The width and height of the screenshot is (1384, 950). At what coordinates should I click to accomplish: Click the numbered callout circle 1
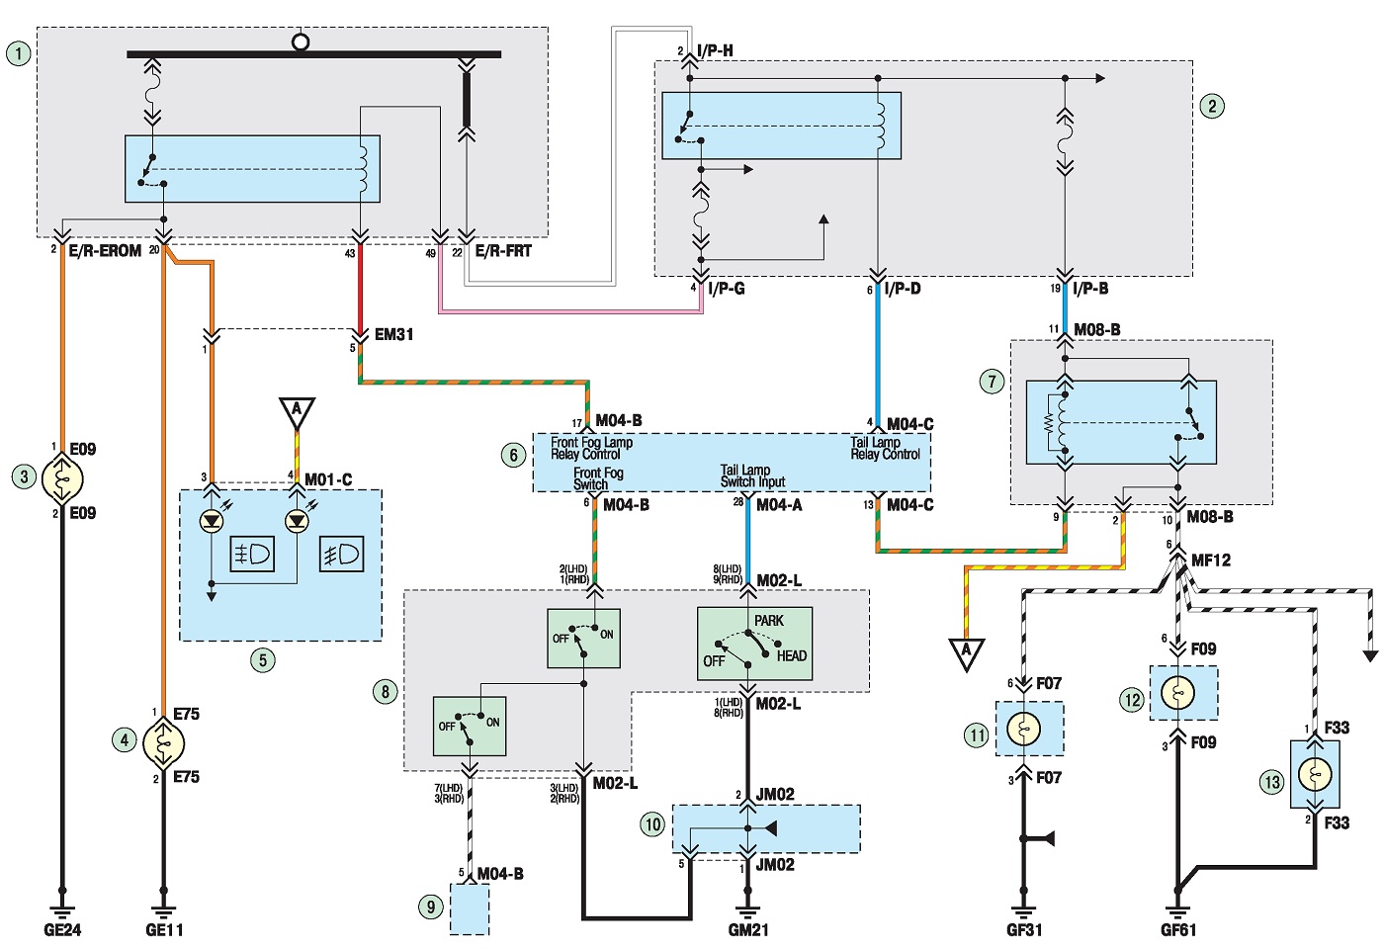(x=18, y=53)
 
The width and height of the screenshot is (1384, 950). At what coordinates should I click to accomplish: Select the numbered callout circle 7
(x=992, y=382)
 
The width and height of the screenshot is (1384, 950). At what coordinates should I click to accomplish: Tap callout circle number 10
(x=653, y=824)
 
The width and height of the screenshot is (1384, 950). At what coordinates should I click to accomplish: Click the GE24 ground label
(x=62, y=929)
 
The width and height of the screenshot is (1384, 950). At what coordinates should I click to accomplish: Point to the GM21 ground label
(x=748, y=929)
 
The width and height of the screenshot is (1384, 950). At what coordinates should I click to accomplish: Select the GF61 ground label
(x=1178, y=929)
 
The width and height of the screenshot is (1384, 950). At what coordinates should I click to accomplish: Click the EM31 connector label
(x=393, y=334)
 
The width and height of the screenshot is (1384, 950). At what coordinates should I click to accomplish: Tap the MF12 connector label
(x=1210, y=561)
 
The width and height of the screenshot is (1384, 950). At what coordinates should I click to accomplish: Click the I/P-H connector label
(x=715, y=50)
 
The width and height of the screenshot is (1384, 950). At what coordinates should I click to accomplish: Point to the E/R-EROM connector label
(x=105, y=251)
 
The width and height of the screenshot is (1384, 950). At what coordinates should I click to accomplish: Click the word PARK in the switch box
(x=769, y=620)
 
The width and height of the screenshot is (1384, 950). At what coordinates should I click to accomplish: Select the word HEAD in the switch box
(x=792, y=655)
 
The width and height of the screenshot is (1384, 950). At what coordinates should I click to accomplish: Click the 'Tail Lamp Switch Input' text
(x=752, y=475)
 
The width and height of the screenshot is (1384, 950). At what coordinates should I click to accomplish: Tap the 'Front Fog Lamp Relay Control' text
(x=591, y=449)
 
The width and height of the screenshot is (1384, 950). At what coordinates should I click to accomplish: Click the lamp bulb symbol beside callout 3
(x=61, y=478)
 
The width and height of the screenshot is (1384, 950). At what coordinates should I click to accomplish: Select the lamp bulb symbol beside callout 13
(x=1314, y=775)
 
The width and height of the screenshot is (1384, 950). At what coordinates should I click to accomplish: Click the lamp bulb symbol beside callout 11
(x=1024, y=729)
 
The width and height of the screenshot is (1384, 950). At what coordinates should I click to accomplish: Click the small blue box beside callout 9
(x=470, y=908)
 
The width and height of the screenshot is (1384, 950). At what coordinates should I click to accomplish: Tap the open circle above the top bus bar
(x=301, y=42)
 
